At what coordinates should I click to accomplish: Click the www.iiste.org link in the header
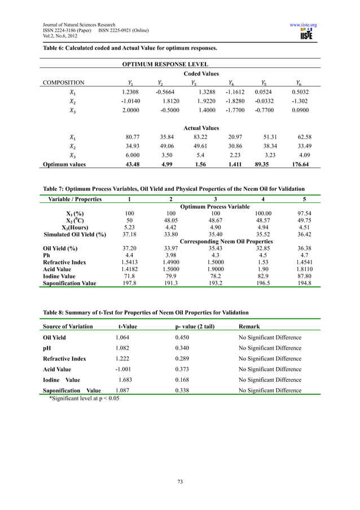(303, 25)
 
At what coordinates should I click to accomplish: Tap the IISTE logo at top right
(307, 36)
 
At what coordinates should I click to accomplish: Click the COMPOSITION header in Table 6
(64, 82)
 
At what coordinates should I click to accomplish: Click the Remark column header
(249, 326)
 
